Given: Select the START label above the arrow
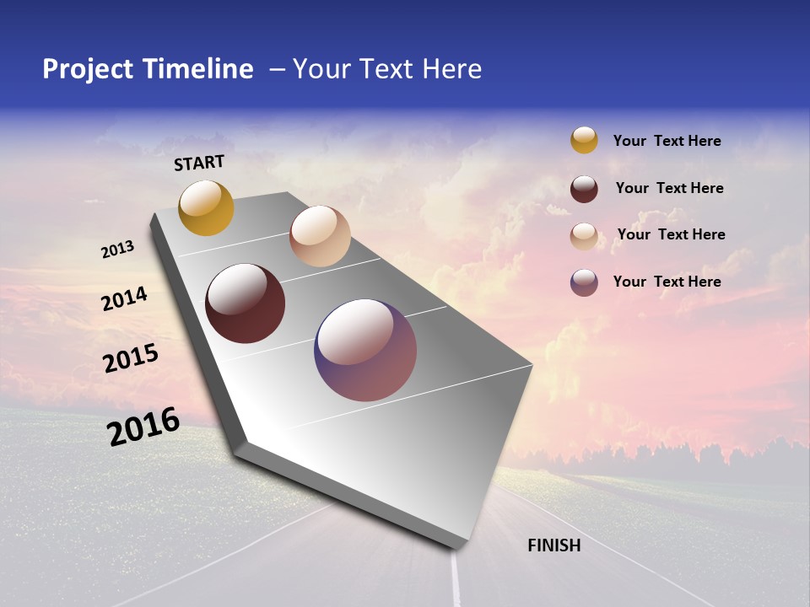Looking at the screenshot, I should pos(199,163).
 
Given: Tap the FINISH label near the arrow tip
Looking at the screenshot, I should pos(553,545).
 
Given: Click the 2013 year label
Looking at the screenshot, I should pos(117,250).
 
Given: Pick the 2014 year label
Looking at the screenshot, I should pos(125,299).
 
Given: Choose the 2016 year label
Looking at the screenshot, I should pos(143,427).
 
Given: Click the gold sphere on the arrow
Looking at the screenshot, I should pos(206,208).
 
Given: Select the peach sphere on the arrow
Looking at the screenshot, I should pos(320,236).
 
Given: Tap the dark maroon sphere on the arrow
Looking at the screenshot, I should pos(245,303).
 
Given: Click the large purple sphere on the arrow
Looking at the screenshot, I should pos(365,350).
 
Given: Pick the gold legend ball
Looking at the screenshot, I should pos(584,140).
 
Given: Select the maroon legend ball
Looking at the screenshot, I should pos(584,189).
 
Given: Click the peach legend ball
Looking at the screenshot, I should pos(584,236).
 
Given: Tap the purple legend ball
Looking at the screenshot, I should pos(584,282).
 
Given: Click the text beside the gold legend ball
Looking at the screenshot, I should pos(667,141).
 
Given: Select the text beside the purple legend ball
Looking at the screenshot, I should pos(667,282).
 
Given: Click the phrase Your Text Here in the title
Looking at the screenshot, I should pos(387,69).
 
